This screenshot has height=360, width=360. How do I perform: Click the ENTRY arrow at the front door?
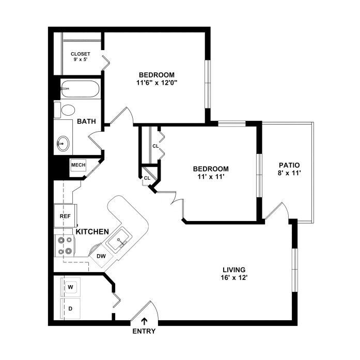click(144, 321)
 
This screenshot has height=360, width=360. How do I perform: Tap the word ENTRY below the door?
click(144, 331)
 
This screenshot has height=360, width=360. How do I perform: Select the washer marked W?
click(70, 287)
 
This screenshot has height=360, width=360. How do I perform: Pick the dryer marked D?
click(70, 308)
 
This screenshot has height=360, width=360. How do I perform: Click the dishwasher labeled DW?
click(101, 256)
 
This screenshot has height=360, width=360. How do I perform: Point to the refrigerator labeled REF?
click(65, 216)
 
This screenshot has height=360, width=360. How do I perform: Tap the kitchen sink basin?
click(120, 240)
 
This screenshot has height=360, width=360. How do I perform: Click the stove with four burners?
click(65, 246)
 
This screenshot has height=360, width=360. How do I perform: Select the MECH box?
click(79, 165)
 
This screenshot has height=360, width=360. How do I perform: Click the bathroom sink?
click(63, 144)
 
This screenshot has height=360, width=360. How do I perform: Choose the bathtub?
click(80, 89)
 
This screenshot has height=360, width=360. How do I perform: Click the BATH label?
click(86, 121)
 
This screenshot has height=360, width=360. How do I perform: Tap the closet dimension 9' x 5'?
click(80, 60)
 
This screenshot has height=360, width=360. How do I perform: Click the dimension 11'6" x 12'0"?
click(156, 83)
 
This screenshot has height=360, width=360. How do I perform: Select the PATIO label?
click(289, 165)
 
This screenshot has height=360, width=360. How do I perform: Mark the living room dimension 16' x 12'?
click(234, 278)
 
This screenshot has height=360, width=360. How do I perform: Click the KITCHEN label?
click(92, 232)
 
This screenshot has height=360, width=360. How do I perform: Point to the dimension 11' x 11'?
click(211, 177)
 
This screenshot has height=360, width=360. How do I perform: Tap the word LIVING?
click(234, 270)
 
